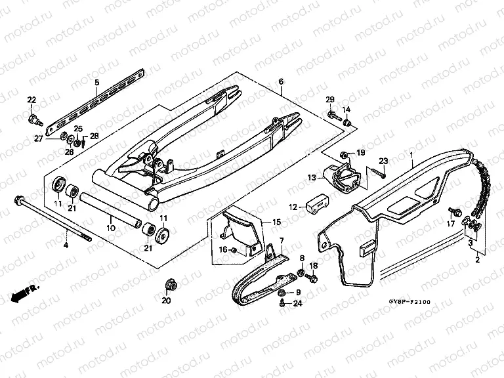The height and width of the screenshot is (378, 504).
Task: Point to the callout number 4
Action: coord(65,245)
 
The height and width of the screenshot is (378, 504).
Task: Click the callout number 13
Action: coord(312,177)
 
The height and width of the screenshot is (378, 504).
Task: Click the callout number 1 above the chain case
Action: coord(411,156)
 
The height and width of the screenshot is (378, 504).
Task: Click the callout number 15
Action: coord(267,222)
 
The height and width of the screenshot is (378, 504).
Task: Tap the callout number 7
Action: coord(280,241)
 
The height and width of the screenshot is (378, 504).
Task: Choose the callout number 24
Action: coord(298,303)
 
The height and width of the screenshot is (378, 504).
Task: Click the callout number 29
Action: coord(331,99)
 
